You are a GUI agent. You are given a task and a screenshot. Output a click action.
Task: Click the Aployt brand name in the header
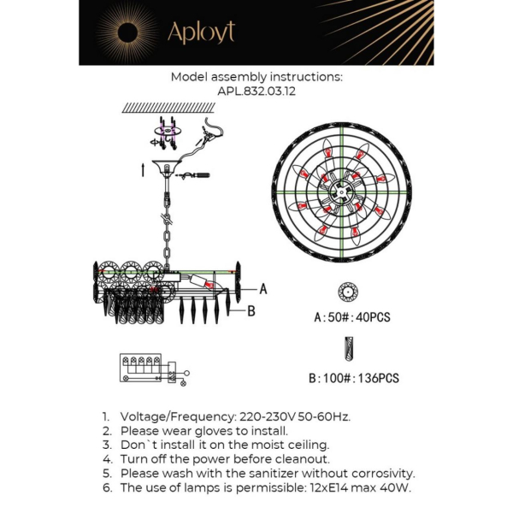click(201, 32)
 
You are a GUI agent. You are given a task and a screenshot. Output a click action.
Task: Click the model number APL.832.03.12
click(256, 90)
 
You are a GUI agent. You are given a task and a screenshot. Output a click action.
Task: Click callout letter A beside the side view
click(262, 289)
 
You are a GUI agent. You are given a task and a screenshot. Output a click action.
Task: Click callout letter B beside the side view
click(251, 311)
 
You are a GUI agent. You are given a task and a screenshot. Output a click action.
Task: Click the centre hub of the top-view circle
click(342, 192)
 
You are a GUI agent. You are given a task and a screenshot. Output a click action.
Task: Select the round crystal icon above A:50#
click(348, 292)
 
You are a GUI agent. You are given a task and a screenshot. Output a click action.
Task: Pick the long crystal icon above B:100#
click(349, 349)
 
